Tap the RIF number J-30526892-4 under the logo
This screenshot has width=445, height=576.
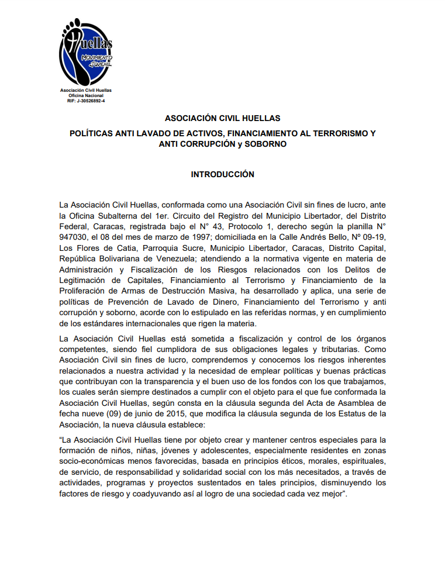(x=86, y=101)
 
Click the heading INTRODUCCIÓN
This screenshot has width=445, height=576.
(x=223, y=174)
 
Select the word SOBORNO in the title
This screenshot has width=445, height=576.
(x=267, y=144)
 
